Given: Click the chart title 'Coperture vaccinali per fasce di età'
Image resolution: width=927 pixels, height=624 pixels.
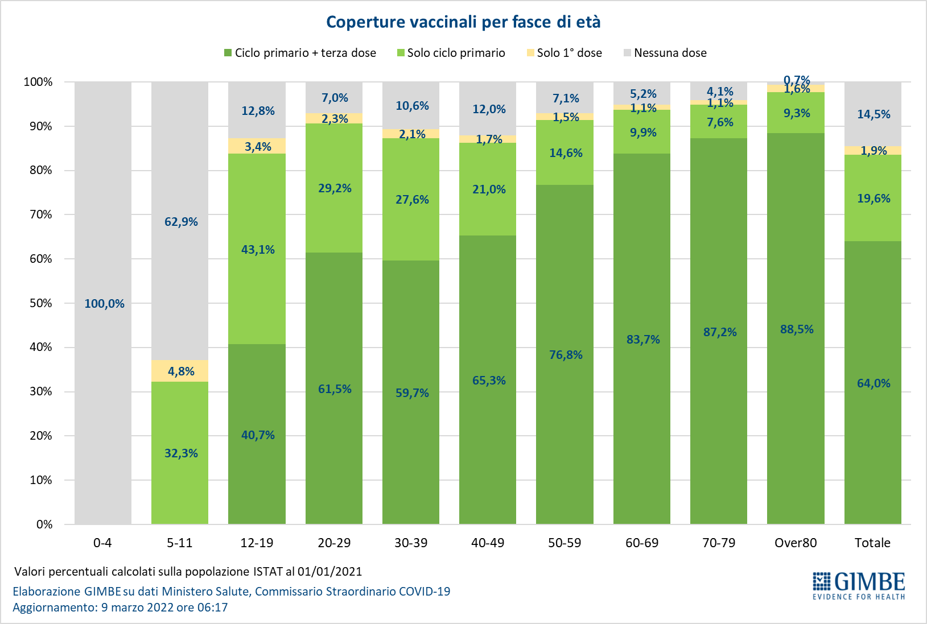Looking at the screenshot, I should point(463,22).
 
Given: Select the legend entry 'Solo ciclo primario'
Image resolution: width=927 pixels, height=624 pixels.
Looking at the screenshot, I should point(456,53).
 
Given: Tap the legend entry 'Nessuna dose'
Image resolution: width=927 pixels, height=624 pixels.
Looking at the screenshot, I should point(670,53).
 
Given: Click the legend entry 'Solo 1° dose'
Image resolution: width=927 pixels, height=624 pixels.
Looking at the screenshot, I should point(569,53).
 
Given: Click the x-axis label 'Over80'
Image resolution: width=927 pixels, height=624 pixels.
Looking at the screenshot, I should point(796,543).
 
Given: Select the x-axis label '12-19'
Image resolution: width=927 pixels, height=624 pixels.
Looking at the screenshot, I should point(257,543).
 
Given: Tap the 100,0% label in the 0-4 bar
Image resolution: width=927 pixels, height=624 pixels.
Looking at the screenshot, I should point(104,304).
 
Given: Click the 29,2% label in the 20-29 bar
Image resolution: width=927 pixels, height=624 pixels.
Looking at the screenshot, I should point(335,188).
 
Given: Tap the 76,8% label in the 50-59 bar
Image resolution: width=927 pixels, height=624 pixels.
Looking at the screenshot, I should point(566,355).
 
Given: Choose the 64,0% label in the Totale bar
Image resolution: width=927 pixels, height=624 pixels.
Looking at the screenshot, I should point(874,383).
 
